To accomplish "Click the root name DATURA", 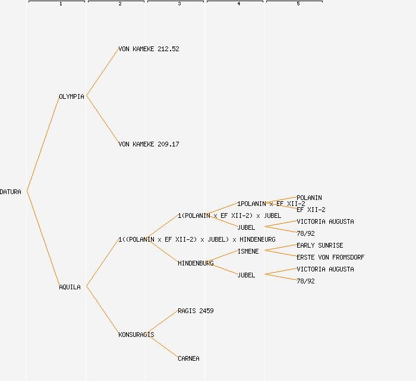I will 11,192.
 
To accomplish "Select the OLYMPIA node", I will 71,96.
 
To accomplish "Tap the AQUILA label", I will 70,287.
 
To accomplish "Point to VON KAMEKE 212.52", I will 149,49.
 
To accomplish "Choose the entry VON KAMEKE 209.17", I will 149,144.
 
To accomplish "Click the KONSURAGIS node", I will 136,335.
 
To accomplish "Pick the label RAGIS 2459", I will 196,311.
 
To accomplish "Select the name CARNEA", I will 188,358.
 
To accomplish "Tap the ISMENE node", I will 248,251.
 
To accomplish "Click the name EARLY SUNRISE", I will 320,245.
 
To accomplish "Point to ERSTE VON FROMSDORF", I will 330,257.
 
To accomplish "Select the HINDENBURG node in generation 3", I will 196,263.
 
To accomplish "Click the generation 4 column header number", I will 238,4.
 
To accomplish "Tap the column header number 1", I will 60,4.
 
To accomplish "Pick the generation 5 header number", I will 298,4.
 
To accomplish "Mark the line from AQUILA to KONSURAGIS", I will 102,310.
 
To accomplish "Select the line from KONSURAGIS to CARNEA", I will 162,346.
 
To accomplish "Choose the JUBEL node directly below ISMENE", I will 246,275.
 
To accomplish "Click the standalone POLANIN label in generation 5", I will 309,198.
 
